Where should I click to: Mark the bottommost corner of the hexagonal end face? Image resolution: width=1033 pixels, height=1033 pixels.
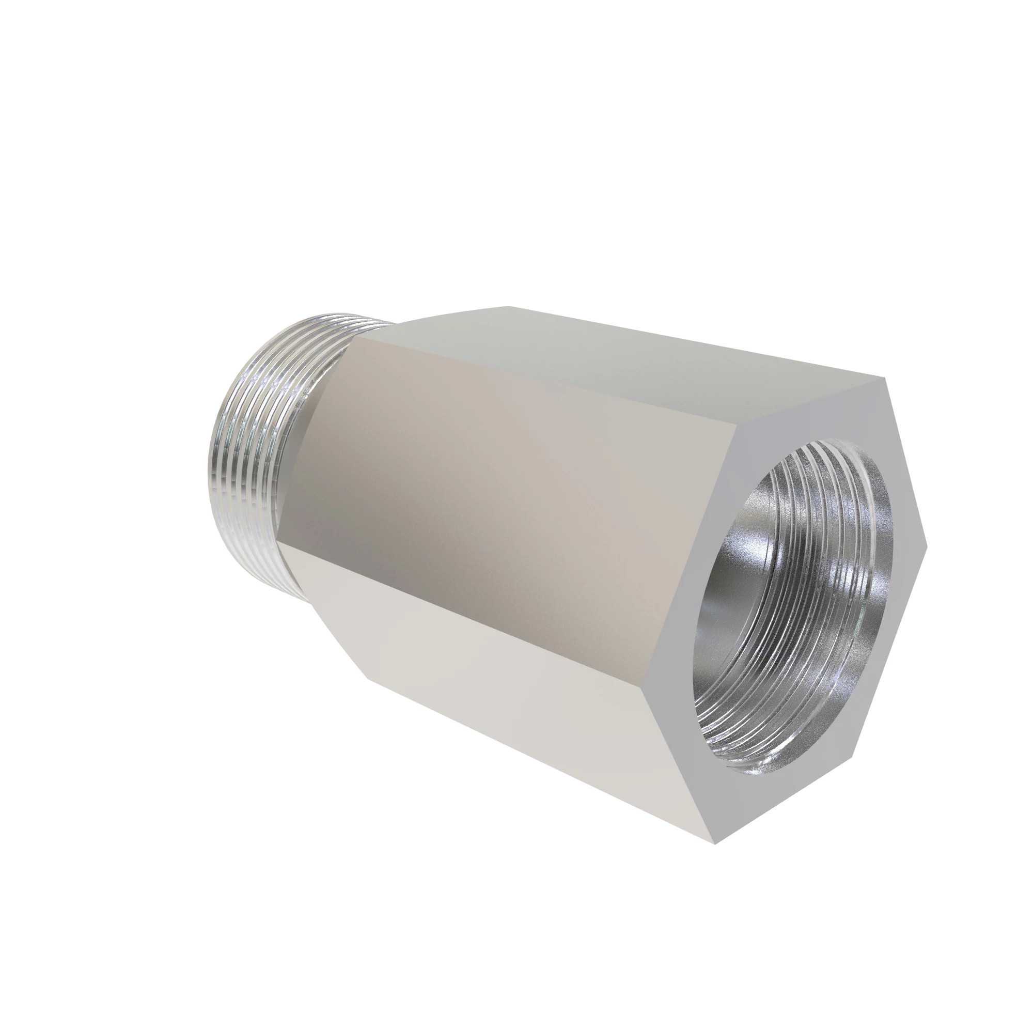(715, 844)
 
